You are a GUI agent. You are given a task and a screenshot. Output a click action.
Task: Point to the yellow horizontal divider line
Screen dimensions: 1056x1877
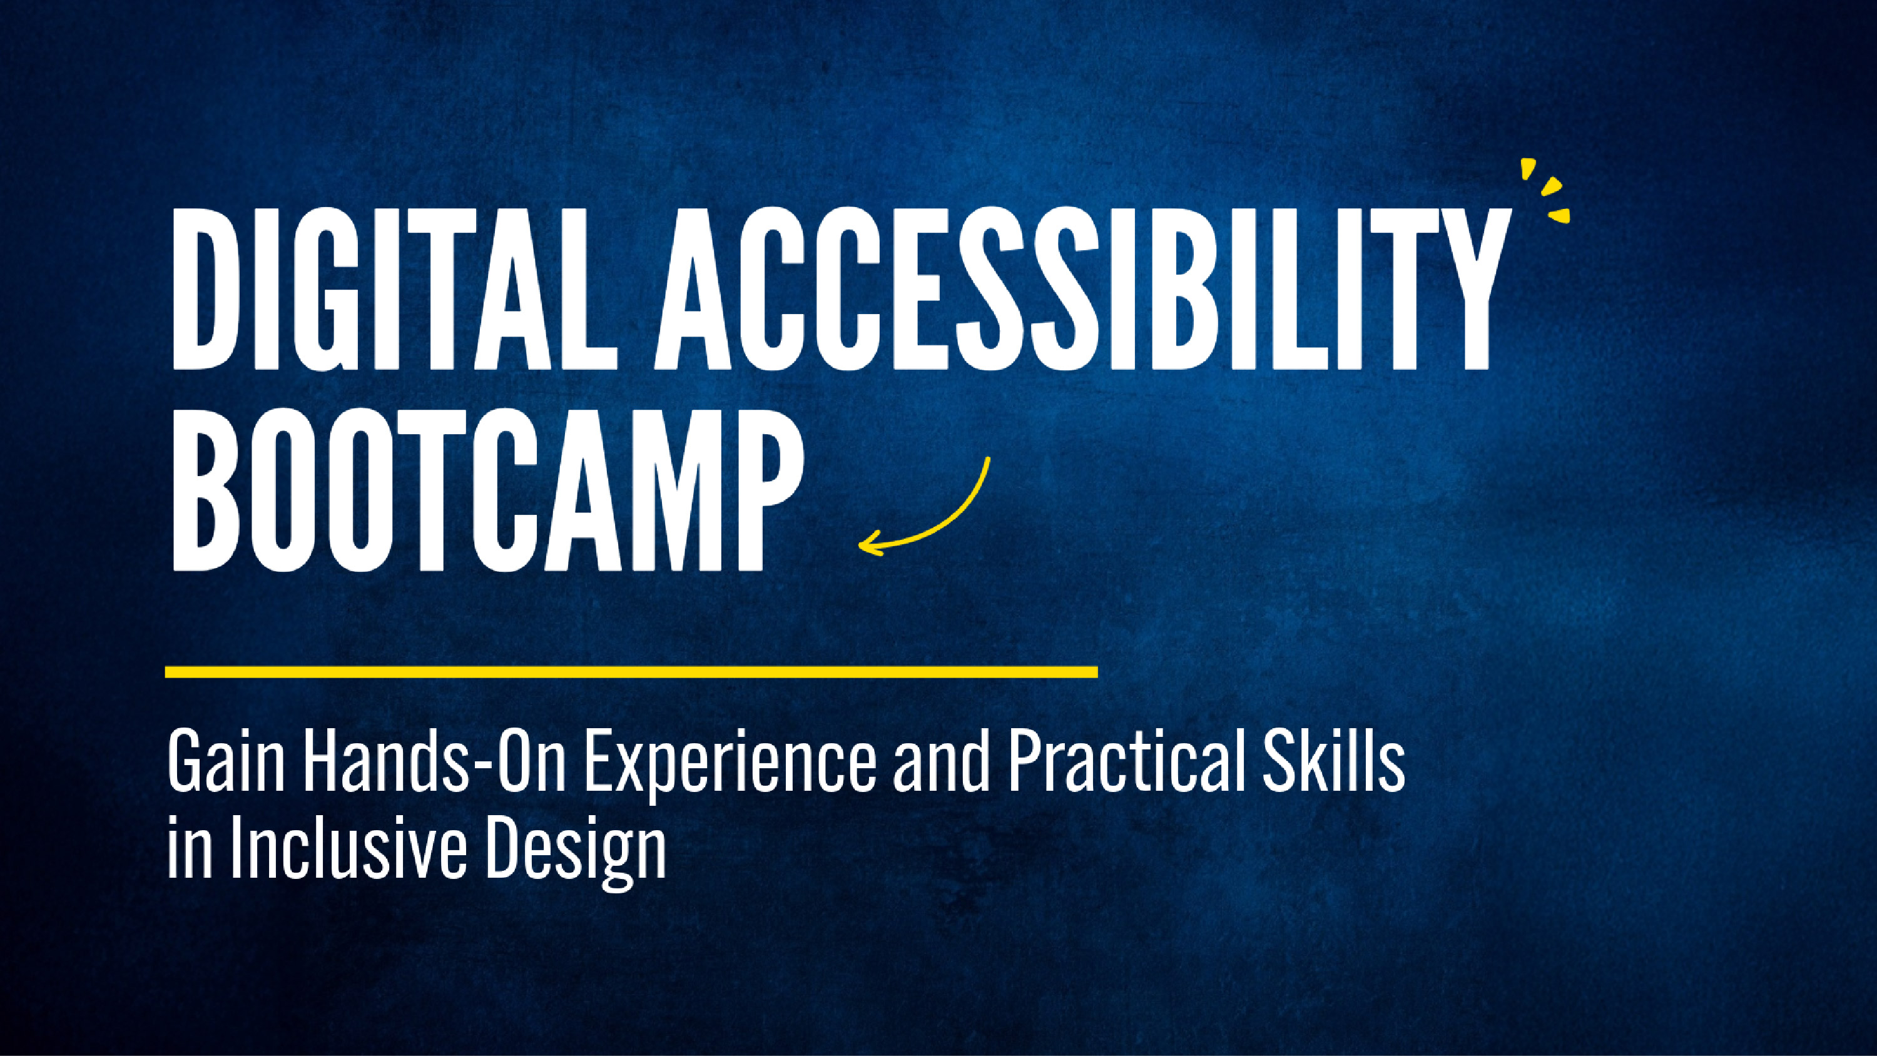point(631,671)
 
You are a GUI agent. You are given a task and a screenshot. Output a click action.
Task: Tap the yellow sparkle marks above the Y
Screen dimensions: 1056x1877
point(1546,191)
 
